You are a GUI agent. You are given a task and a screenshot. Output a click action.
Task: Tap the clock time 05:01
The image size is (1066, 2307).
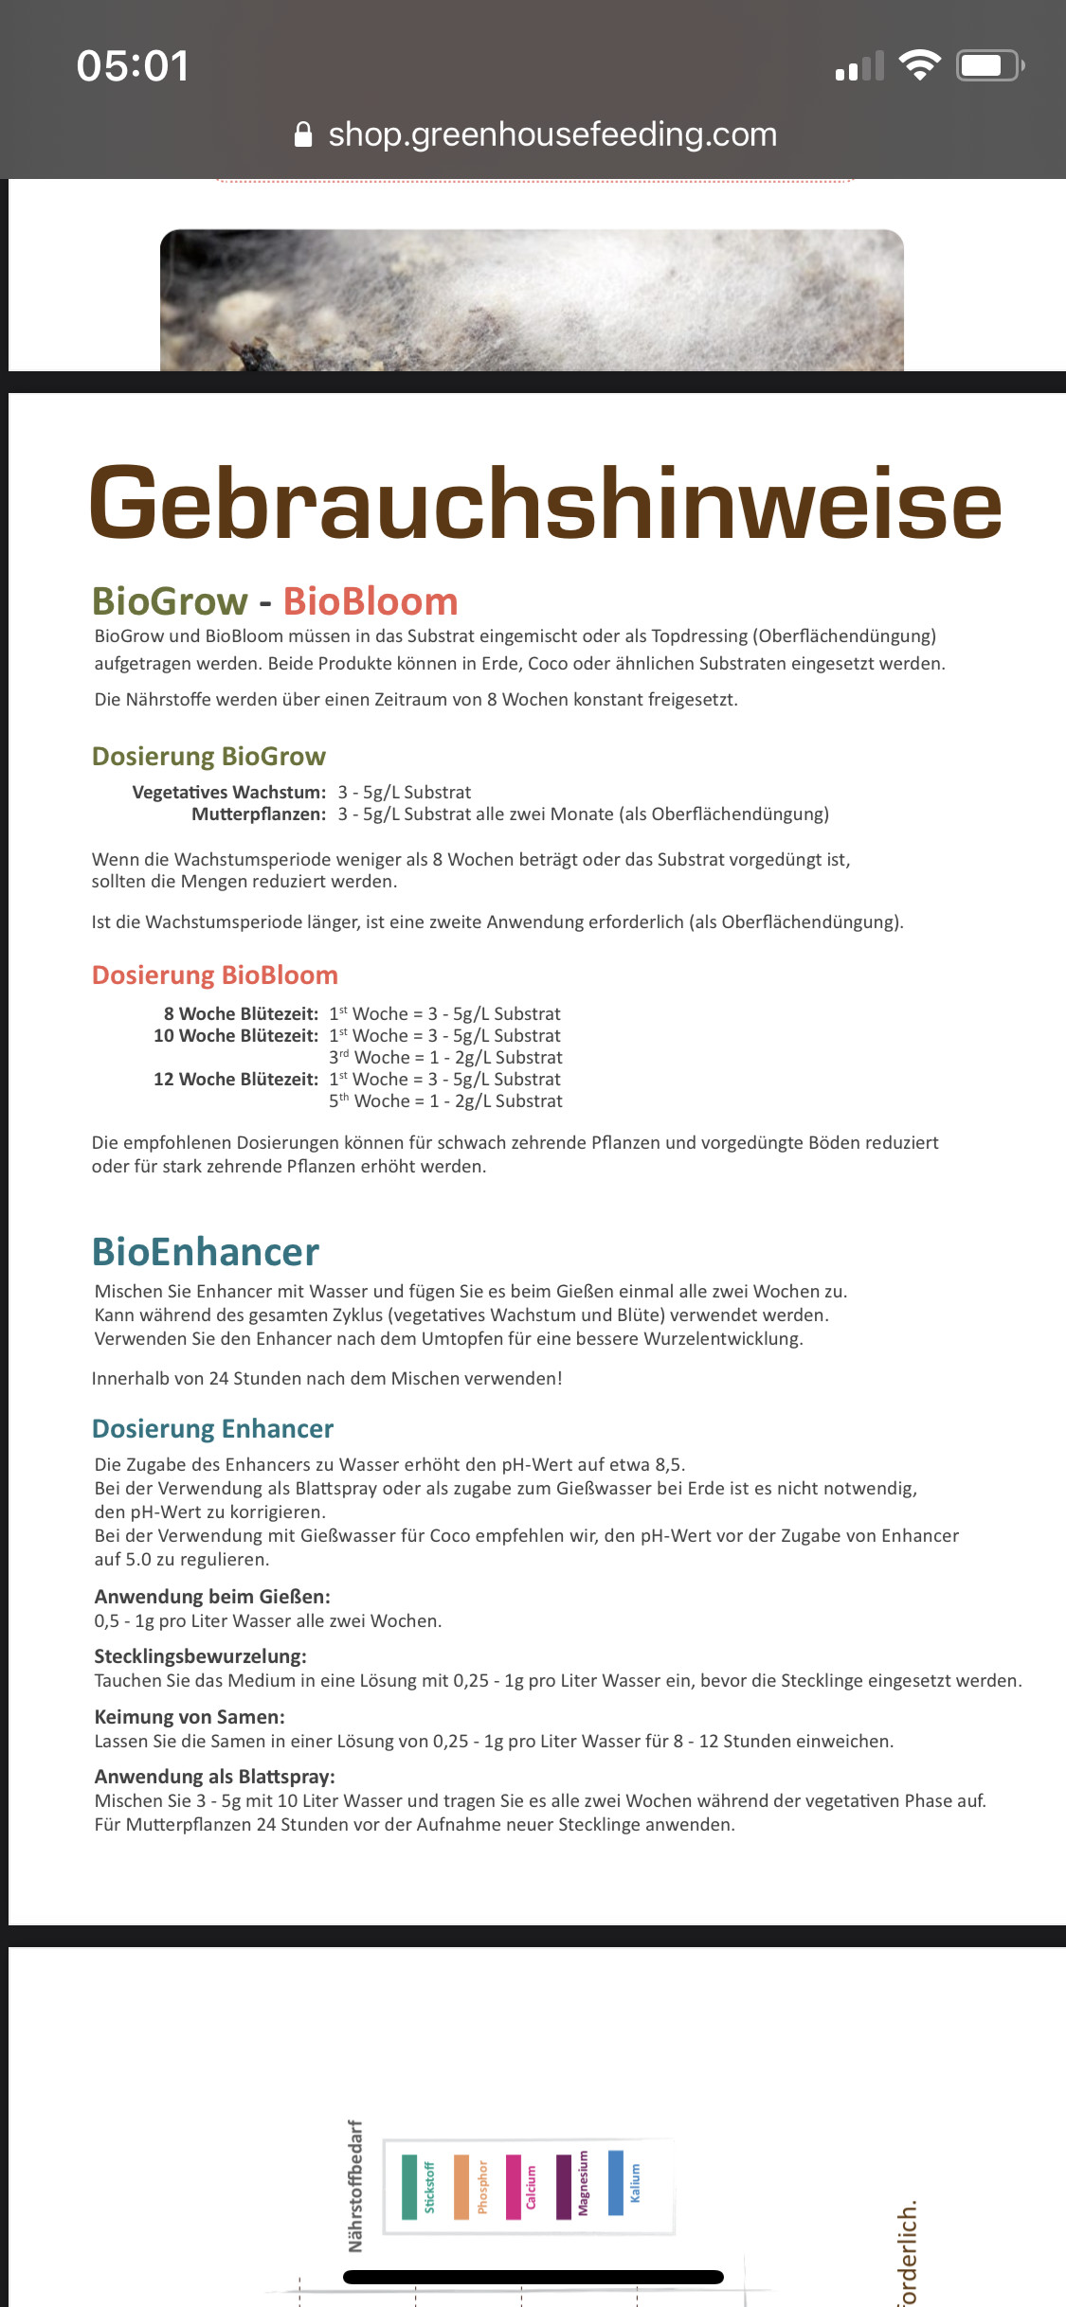pos(133,66)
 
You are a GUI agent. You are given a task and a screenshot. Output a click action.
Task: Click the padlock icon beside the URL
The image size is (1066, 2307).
pos(303,134)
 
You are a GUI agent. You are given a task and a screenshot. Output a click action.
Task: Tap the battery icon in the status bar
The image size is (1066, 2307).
pos(989,65)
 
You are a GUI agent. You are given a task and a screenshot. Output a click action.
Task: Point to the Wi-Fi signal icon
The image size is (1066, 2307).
pos(919,65)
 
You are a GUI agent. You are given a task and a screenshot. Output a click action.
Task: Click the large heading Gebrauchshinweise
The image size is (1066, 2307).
pos(546,503)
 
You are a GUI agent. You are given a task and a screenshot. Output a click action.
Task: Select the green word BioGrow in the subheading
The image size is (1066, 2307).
pos(170,601)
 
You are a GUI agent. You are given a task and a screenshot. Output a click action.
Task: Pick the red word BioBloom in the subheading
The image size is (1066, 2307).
pos(370,601)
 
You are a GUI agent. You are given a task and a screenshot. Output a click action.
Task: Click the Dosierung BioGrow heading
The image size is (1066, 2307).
pos(208,756)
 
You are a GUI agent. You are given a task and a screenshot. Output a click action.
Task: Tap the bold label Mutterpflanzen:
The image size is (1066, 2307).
pos(259,814)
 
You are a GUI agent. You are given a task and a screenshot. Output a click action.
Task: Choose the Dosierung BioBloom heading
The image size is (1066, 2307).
pos(215,975)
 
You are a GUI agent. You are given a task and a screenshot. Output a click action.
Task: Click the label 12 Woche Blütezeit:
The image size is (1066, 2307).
pos(236,1080)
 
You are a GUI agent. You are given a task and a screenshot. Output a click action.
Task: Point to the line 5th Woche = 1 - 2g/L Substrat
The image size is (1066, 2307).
pos(445,1101)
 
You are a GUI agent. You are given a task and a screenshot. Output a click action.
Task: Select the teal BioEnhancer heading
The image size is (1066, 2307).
pos(206,1252)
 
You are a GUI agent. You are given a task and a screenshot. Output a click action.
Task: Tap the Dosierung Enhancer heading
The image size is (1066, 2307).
pos(213,1428)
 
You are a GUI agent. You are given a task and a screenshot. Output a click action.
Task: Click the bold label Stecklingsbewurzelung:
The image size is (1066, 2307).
pos(201,1656)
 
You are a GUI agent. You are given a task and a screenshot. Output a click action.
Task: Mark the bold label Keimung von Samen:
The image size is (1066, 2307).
pos(190,1717)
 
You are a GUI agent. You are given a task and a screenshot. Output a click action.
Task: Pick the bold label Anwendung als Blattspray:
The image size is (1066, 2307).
pos(215,1777)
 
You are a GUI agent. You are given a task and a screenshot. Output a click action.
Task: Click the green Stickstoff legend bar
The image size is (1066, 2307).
pos(409,2187)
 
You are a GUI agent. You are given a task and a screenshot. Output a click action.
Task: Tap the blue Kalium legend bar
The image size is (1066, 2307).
pos(616,2182)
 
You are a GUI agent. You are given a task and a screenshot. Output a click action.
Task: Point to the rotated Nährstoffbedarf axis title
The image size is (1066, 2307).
pos(355,2186)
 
